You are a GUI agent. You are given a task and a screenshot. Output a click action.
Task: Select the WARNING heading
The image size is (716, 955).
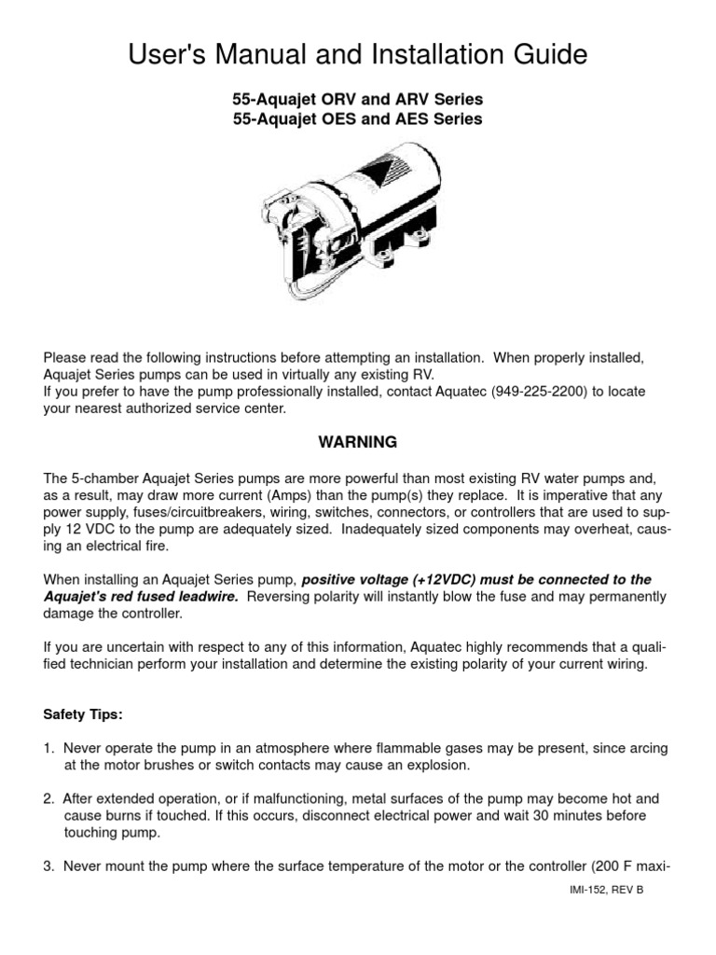(358, 441)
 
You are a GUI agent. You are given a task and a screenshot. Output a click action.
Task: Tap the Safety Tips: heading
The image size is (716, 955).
(83, 715)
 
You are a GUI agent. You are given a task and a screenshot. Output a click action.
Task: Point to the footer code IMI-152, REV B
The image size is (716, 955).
(605, 889)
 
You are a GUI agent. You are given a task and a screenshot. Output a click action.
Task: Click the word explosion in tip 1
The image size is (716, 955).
(437, 766)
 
